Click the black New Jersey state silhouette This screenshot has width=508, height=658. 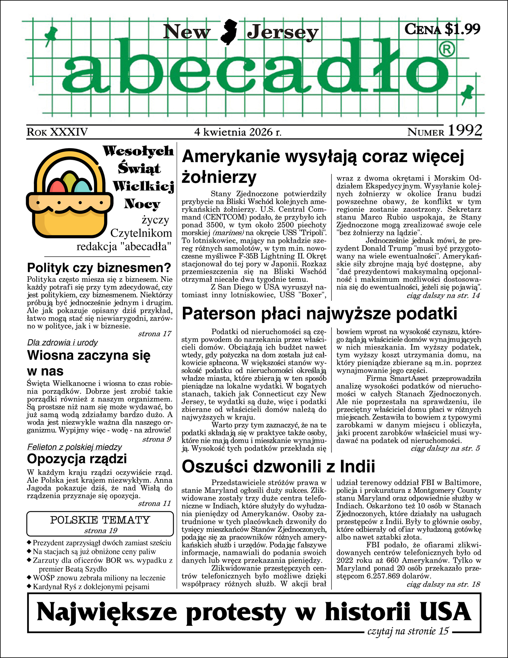click(229, 32)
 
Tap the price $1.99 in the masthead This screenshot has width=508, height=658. click(462, 29)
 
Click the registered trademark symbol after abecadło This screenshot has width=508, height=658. click(447, 50)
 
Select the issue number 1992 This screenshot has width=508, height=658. click(465, 131)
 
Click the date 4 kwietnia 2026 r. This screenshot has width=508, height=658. click(238, 132)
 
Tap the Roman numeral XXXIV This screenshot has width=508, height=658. click(69, 132)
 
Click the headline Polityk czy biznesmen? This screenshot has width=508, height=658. click(99, 268)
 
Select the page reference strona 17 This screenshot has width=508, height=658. click(154, 334)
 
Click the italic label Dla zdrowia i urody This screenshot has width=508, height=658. click(62, 342)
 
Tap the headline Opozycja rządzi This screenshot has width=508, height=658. click(77, 459)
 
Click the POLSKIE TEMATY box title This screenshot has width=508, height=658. click(100, 520)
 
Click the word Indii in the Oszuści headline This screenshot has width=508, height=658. click(357, 466)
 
